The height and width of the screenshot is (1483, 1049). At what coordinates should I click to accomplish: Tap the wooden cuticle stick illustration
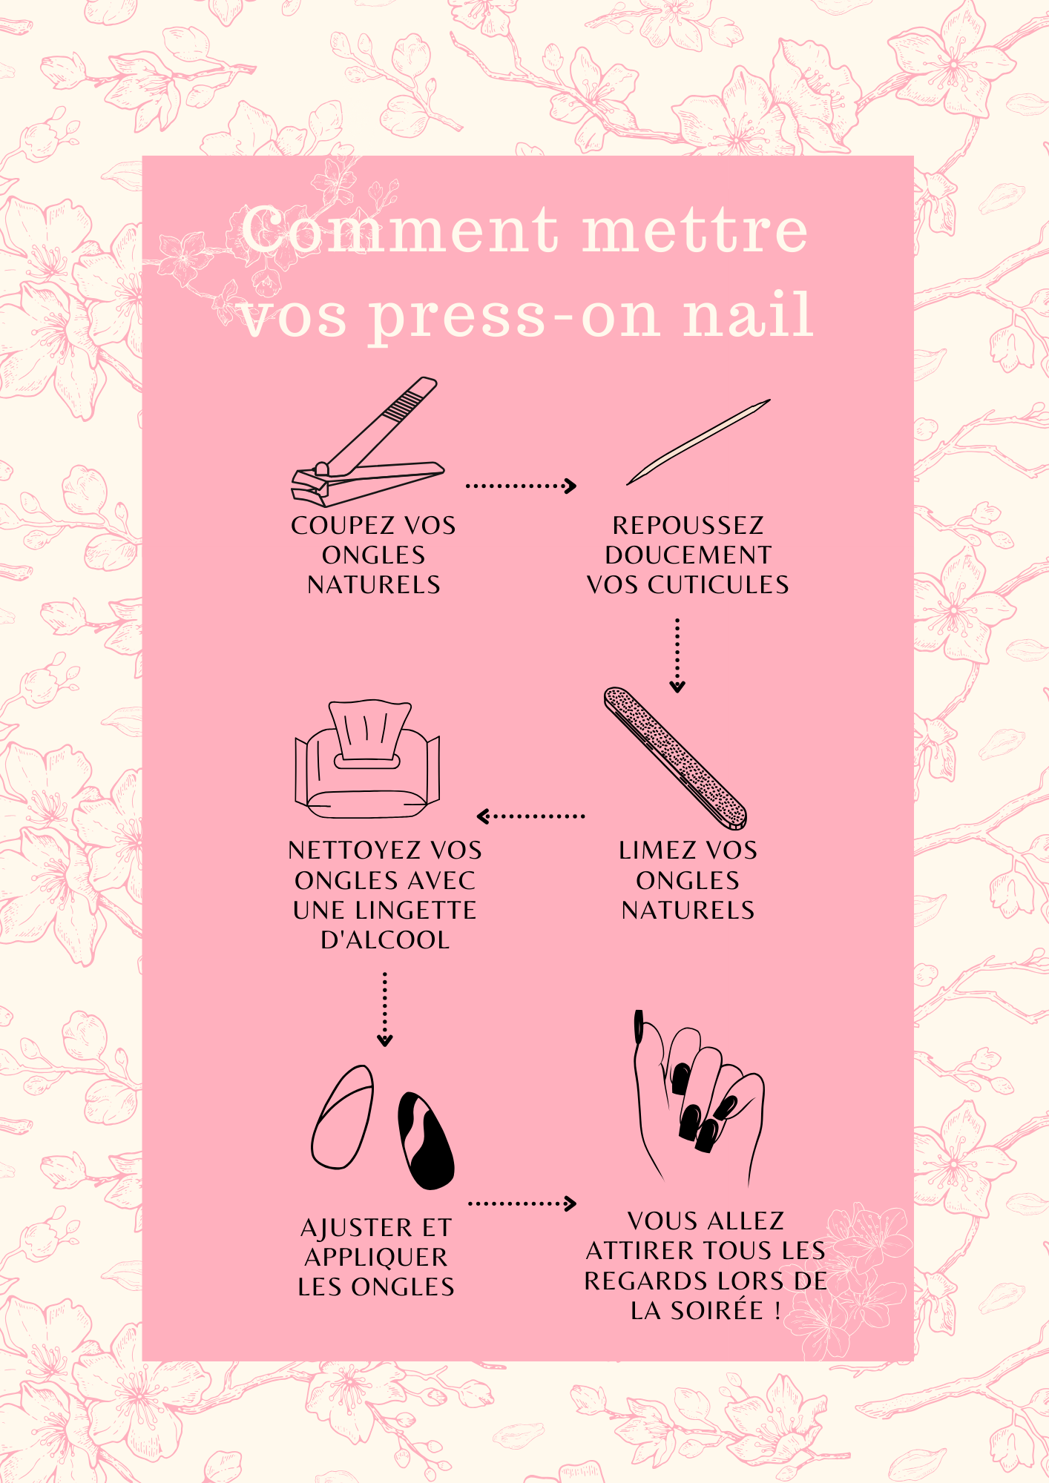coord(699,442)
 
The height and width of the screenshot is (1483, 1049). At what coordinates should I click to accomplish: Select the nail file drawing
coord(675,758)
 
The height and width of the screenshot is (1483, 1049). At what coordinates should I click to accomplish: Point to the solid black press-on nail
coord(426,1140)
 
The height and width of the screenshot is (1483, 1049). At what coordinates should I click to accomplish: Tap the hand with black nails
coord(697,1097)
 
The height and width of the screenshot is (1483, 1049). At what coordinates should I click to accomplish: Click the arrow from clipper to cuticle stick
coord(521,486)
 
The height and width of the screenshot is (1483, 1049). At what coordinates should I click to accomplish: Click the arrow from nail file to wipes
coord(530,816)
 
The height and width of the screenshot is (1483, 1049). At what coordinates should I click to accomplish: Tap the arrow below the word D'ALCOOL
coord(384,1009)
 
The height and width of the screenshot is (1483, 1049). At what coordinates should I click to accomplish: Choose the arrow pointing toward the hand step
coord(522,1203)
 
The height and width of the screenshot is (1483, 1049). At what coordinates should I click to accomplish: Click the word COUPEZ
coord(341,525)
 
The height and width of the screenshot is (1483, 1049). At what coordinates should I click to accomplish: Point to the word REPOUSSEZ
coord(688,525)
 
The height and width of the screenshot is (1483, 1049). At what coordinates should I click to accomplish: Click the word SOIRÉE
coord(717,1310)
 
